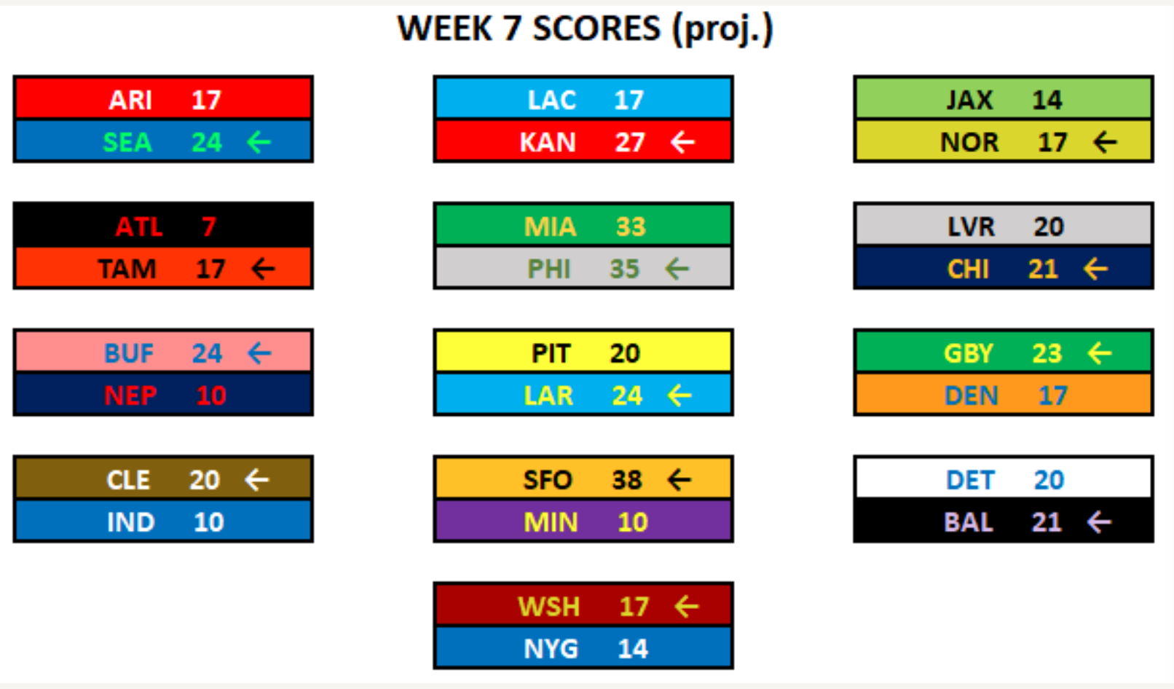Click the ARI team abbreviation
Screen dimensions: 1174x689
(x=130, y=100)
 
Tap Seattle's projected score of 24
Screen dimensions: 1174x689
(x=207, y=143)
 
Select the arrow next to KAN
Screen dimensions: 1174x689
(x=683, y=143)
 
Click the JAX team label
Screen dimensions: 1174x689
(x=969, y=100)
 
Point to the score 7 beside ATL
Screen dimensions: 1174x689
(x=209, y=227)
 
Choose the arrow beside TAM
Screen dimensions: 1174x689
(x=263, y=269)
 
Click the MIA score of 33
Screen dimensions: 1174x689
(x=631, y=227)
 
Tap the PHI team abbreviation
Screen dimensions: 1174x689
(x=548, y=269)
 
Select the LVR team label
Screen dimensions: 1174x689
(x=971, y=227)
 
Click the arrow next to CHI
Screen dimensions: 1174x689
(x=1095, y=269)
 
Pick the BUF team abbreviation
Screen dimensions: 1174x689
(x=129, y=353)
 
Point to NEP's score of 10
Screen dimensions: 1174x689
(x=211, y=395)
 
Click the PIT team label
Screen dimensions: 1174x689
(x=551, y=353)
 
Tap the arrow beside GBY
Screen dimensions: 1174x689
(x=1100, y=353)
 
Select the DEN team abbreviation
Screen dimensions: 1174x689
(x=971, y=395)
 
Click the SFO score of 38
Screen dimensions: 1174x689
(x=627, y=480)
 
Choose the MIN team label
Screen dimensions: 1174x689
(x=551, y=522)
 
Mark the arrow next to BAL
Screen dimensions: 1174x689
(x=1099, y=522)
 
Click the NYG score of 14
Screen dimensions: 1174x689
(x=633, y=649)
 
